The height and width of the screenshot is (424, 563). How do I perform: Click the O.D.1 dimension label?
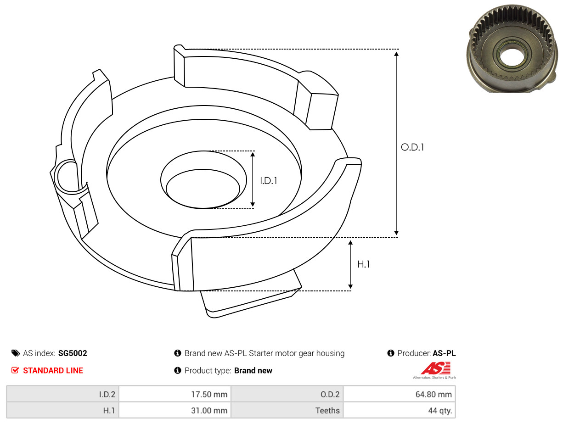pos(412,147)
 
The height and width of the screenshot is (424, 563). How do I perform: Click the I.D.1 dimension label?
pos(269,181)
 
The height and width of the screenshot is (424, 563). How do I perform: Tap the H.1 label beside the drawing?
pos(363,264)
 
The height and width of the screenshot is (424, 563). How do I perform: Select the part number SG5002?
pos(73,353)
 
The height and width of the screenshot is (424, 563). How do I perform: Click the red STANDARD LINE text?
pos(53,370)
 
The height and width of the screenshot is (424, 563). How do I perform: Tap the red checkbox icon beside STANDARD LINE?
pos(15,370)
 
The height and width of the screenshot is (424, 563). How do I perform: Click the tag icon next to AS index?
pos(16,353)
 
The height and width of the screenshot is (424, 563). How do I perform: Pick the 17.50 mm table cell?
pos(175,394)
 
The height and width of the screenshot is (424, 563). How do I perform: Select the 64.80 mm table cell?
pos(399,394)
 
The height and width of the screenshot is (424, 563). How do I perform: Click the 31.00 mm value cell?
pos(175,410)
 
